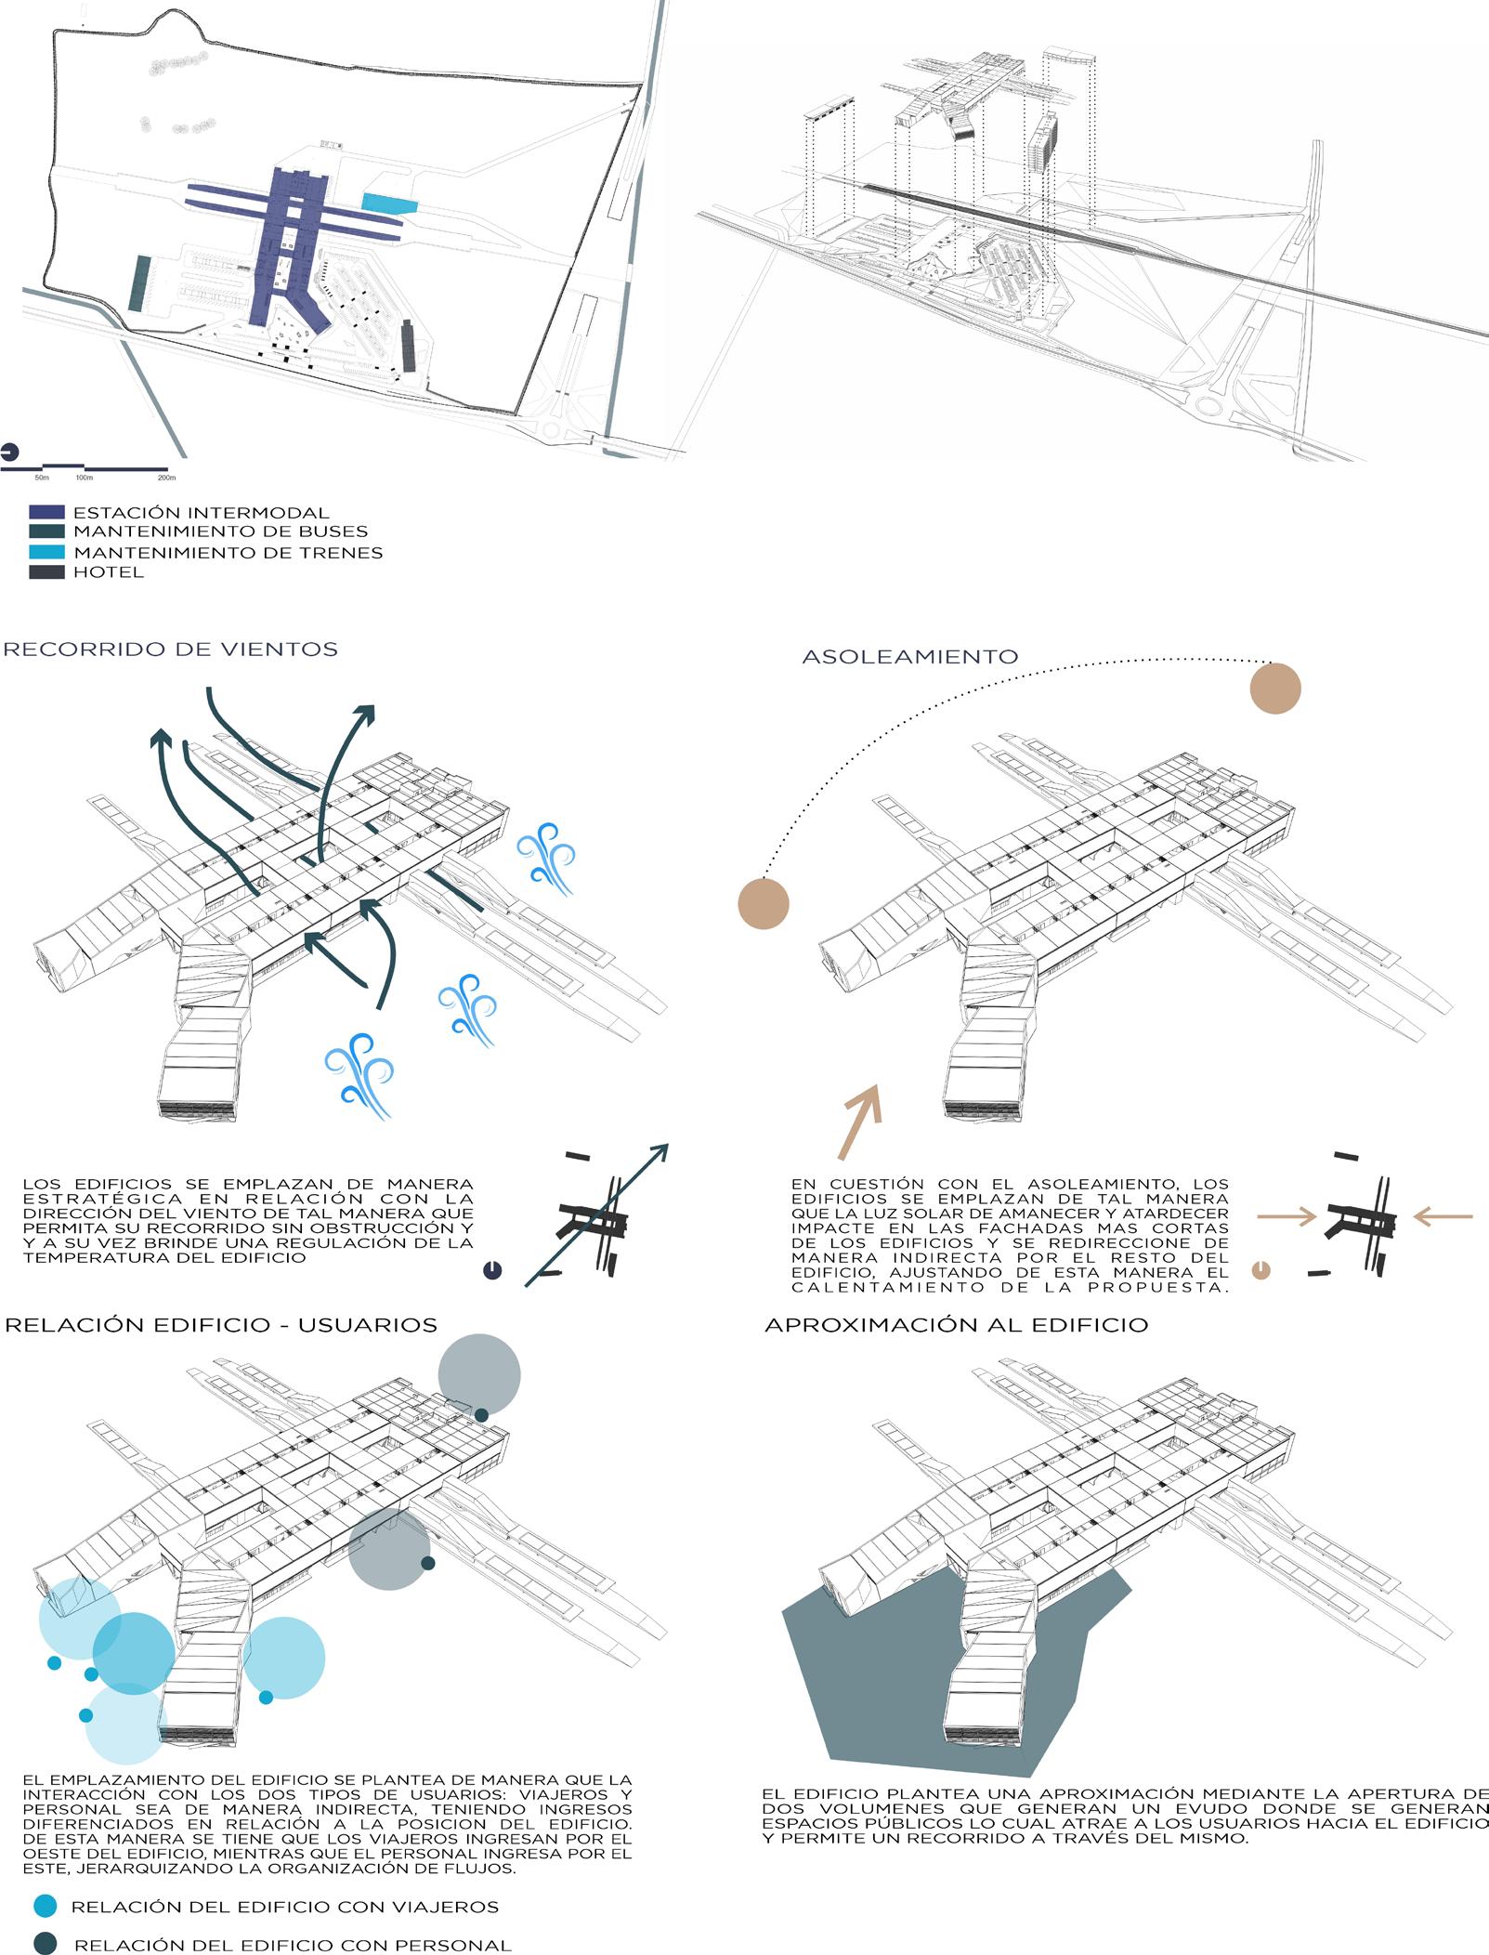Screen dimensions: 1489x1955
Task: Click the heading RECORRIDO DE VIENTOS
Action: tap(170, 649)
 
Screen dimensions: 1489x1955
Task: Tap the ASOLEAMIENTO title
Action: tap(909, 657)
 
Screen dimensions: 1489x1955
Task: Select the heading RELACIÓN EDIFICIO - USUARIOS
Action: tap(221, 1325)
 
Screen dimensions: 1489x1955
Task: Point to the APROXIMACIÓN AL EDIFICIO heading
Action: tap(956, 1325)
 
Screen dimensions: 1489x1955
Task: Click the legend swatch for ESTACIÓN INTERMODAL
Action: tap(46, 513)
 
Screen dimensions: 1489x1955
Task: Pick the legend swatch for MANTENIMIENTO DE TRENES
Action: tap(46, 553)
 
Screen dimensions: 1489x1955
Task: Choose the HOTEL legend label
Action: tap(109, 572)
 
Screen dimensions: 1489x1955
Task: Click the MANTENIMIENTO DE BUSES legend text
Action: tap(220, 532)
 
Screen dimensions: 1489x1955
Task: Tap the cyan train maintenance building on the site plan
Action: tap(390, 203)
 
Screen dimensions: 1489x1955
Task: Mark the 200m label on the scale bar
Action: tap(166, 478)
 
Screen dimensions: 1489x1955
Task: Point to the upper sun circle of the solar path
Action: tap(1274, 689)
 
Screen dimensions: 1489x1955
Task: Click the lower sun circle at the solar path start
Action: tap(764, 903)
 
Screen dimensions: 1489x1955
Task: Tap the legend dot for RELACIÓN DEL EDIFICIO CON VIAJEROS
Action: tap(45, 1906)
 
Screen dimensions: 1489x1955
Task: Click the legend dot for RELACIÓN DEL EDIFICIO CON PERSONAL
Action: tap(45, 1944)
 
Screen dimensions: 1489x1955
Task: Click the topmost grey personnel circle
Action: tap(478, 1375)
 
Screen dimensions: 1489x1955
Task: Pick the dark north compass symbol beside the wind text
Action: tap(492, 1269)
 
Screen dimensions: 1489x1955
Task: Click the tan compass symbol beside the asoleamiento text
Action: tap(1260, 1269)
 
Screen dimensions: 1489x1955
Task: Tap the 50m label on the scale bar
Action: tap(42, 478)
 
